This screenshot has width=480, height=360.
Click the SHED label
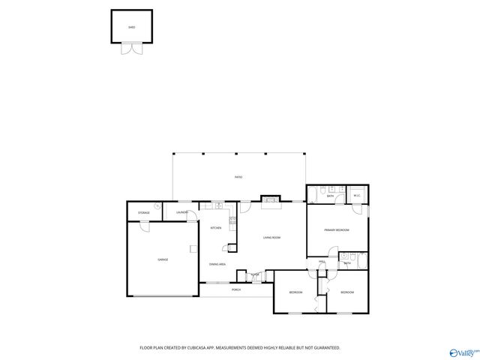coord(131,27)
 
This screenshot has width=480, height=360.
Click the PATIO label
coord(238,177)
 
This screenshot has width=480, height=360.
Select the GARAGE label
coord(162,259)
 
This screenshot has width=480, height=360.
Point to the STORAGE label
coord(143,213)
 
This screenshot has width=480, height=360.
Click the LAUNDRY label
coord(181,213)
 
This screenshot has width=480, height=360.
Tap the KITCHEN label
coord(215,228)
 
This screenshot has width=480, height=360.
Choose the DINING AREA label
coord(217,264)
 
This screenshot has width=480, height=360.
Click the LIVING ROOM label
coord(271,238)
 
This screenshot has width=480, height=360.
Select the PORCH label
coord(235,289)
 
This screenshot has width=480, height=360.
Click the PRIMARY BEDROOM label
coord(336,229)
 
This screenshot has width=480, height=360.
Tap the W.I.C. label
coord(357,196)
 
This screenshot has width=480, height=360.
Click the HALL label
coord(322,262)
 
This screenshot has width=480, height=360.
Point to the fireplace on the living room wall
coord(270,199)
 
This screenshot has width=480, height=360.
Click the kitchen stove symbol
coord(232,220)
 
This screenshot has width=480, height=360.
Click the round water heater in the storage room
coord(158,206)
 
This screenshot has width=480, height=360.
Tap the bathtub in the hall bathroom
coord(362,260)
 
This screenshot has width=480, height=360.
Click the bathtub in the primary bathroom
coord(316,193)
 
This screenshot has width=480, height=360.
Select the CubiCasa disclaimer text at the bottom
coord(240,347)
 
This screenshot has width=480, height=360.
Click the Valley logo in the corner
coord(463,352)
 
